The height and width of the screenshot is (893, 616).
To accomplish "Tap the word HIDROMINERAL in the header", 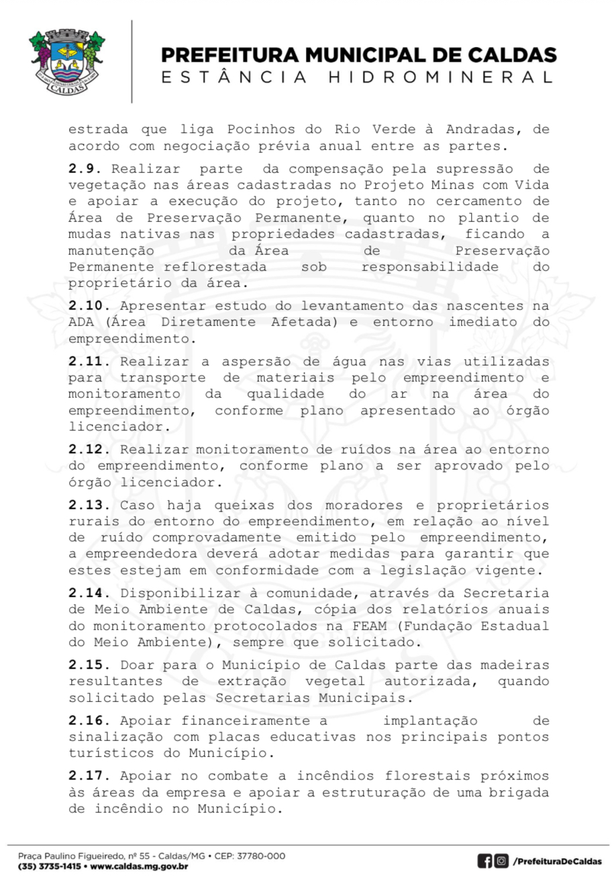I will point(441,77).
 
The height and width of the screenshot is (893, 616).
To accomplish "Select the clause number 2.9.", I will point(85,169).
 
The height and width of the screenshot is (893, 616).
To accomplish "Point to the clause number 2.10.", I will point(89,305).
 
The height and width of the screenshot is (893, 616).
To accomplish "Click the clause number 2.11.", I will point(89,361).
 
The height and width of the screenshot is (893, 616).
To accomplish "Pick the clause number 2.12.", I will point(89,449).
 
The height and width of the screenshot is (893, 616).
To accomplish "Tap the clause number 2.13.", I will point(89,505).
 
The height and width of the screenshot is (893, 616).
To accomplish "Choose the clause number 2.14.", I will point(89,593).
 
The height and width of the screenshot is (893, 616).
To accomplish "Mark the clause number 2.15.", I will point(89,665).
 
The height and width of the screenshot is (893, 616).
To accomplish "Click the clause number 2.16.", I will point(89,720).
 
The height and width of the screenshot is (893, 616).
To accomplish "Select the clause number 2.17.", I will point(89,775).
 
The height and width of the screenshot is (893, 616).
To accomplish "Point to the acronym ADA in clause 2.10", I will point(81,322).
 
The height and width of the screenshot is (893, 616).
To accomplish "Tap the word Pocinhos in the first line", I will point(258,130).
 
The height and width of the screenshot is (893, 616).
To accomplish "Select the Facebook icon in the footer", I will point(484,861).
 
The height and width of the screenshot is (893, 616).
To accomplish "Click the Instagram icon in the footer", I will point(501,861).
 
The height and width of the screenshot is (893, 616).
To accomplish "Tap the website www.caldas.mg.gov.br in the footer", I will point(139,866).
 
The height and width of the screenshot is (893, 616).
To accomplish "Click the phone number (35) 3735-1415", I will point(49,866).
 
